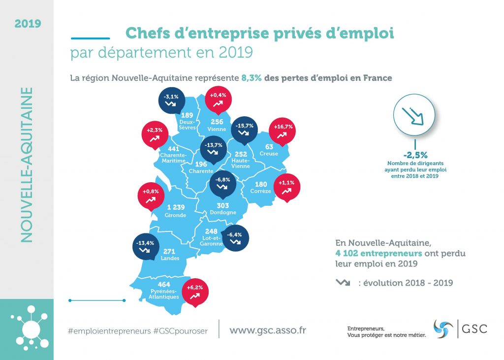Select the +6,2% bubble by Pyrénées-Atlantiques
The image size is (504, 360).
coord(195,291)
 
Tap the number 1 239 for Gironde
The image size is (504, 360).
coord(175,207)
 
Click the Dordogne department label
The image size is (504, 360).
coord(223,213)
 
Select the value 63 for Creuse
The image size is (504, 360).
coord(269,146)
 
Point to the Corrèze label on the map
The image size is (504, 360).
coord(260,191)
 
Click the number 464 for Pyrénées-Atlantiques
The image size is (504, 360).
coord(164,285)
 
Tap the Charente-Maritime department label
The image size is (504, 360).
coord(173,157)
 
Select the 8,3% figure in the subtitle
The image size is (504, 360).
coord(251,77)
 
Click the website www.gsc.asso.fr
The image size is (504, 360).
coord(267,330)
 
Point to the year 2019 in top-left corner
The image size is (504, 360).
coord(28,23)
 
